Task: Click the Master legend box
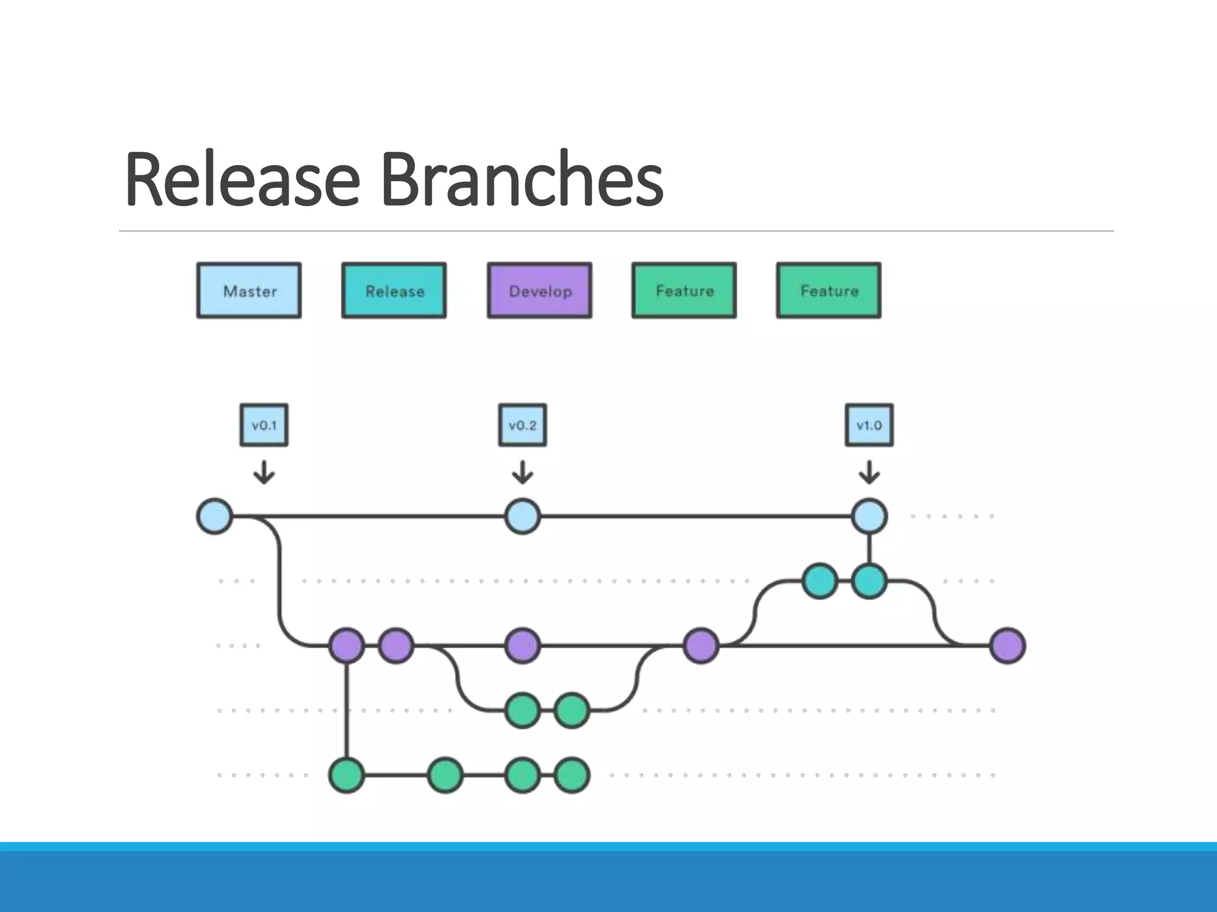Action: pyautogui.click(x=249, y=290)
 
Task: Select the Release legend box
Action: pyautogui.click(x=394, y=290)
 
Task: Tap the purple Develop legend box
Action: pyautogui.click(x=540, y=290)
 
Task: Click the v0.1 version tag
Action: pyautogui.click(x=264, y=425)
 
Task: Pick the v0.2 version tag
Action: pyautogui.click(x=522, y=425)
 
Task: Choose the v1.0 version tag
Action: pyautogui.click(x=869, y=425)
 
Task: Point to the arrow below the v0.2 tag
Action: pyautogui.click(x=522, y=473)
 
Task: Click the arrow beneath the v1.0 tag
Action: pyautogui.click(x=869, y=473)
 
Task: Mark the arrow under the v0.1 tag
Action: pyautogui.click(x=264, y=473)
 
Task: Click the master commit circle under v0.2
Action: pyautogui.click(x=522, y=517)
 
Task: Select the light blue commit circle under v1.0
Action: pyautogui.click(x=869, y=517)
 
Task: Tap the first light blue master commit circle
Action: pyautogui.click(x=215, y=517)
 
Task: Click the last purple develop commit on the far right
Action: pyautogui.click(x=1008, y=645)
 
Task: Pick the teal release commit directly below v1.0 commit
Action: pyautogui.click(x=869, y=581)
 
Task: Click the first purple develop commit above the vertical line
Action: pyautogui.click(x=347, y=645)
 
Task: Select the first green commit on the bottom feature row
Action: pyautogui.click(x=347, y=775)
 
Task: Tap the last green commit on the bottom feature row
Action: pyautogui.click(x=572, y=775)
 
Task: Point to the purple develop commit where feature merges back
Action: pyautogui.click(x=701, y=645)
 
